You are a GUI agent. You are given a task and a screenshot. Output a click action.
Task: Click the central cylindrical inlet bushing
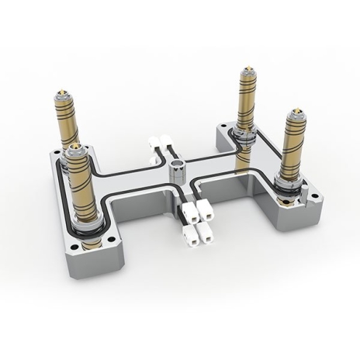(x=178, y=165)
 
